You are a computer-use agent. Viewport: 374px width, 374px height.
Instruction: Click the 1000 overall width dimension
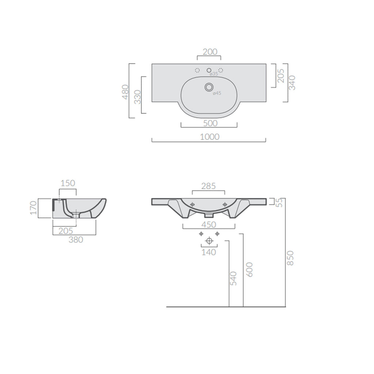pyautogui.click(x=210, y=137)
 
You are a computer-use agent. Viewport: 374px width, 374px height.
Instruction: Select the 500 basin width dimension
pyautogui.click(x=210, y=123)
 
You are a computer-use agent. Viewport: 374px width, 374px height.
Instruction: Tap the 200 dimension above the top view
pyautogui.click(x=210, y=52)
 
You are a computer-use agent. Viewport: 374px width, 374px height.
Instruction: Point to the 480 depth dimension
pyautogui.click(x=125, y=92)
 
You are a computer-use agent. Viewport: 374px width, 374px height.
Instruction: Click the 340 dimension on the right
pyautogui.click(x=292, y=83)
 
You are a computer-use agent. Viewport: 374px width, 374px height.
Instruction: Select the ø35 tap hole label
pyautogui.click(x=213, y=74)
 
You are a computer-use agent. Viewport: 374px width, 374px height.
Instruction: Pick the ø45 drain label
pyautogui.click(x=217, y=93)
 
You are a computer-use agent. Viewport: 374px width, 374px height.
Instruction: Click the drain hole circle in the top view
pyautogui.click(x=209, y=87)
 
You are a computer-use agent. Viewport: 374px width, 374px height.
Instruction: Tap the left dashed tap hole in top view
pyautogui.click(x=197, y=70)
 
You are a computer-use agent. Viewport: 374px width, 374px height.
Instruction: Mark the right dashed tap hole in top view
pyautogui.click(x=221, y=70)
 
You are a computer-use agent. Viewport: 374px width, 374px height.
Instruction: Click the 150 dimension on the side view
pyautogui.click(x=68, y=183)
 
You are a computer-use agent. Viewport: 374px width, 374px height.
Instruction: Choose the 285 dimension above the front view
pyautogui.click(x=208, y=186)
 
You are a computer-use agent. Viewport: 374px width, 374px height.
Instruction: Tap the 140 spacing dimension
pyautogui.click(x=209, y=252)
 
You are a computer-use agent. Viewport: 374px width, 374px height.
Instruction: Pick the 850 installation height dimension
pyautogui.click(x=291, y=258)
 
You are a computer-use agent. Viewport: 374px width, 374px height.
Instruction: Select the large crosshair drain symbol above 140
pyautogui.click(x=209, y=241)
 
